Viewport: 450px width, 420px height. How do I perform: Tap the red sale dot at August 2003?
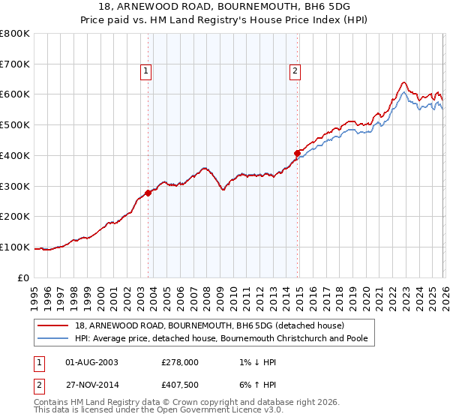point(148,193)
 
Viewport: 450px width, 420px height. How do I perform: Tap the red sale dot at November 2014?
point(297,153)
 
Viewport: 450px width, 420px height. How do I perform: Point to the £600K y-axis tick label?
point(15,94)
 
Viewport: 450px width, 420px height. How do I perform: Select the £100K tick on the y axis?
point(15,247)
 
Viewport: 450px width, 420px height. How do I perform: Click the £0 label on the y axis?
point(24,277)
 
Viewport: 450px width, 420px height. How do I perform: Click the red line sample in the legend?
point(54,325)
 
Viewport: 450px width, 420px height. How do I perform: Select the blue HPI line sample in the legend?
point(54,339)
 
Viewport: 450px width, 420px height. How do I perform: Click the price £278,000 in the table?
point(179,361)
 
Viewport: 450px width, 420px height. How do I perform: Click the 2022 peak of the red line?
point(403,82)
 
